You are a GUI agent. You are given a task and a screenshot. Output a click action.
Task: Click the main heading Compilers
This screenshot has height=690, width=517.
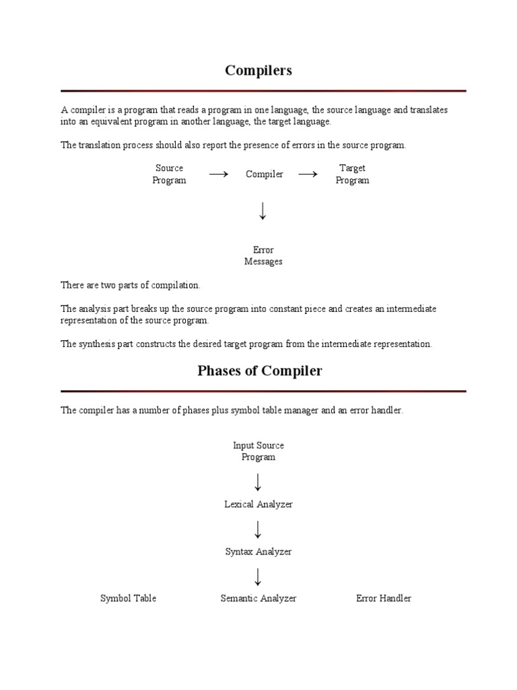click(x=258, y=71)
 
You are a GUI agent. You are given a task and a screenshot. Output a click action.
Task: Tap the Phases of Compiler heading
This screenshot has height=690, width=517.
click(x=260, y=371)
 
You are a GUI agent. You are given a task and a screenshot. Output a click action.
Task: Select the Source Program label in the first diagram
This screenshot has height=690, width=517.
click(x=169, y=175)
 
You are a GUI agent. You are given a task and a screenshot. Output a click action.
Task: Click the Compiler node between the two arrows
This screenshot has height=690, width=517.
click(x=264, y=175)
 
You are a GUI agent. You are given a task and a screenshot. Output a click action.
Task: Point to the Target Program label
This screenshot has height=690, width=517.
click(x=352, y=175)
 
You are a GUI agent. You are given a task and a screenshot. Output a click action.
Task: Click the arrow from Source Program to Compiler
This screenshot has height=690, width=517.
click(x=218, y=175)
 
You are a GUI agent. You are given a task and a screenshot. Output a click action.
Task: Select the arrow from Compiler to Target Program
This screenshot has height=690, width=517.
click(x=308, y=175)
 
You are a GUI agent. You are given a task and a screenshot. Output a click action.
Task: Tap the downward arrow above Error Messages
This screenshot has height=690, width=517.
click(x=263, y=211)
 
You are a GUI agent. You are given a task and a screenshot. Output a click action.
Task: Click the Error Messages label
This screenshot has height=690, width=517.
click(x=263, y=256)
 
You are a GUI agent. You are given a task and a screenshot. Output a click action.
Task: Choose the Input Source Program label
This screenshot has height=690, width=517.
click(x=258, y=451)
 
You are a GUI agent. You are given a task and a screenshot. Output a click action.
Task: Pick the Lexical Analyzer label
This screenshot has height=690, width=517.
click(x=258, y=504)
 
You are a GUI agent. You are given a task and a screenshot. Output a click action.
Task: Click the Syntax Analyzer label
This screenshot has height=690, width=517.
click(x=258, y=551)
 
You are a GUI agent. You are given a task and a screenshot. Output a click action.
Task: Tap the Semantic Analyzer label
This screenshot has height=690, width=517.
click(x=258, y=598)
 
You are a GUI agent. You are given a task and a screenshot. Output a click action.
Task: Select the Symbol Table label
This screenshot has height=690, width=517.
click(x=128, y=598)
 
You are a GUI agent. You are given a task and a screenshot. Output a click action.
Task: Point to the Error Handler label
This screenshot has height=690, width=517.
click(x=384, y=598)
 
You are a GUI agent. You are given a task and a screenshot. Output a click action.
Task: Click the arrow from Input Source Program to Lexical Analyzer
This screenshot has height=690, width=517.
click(x=258, y=482)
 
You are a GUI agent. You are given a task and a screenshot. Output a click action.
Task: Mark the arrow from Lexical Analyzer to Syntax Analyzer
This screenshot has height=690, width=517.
click(x=258, y=528)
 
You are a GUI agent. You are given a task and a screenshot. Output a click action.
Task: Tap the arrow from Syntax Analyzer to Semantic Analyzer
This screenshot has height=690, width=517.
click(x=258, y=576)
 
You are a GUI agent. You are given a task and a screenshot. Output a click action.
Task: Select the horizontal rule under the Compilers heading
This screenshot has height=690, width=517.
click(x=263, y=90)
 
